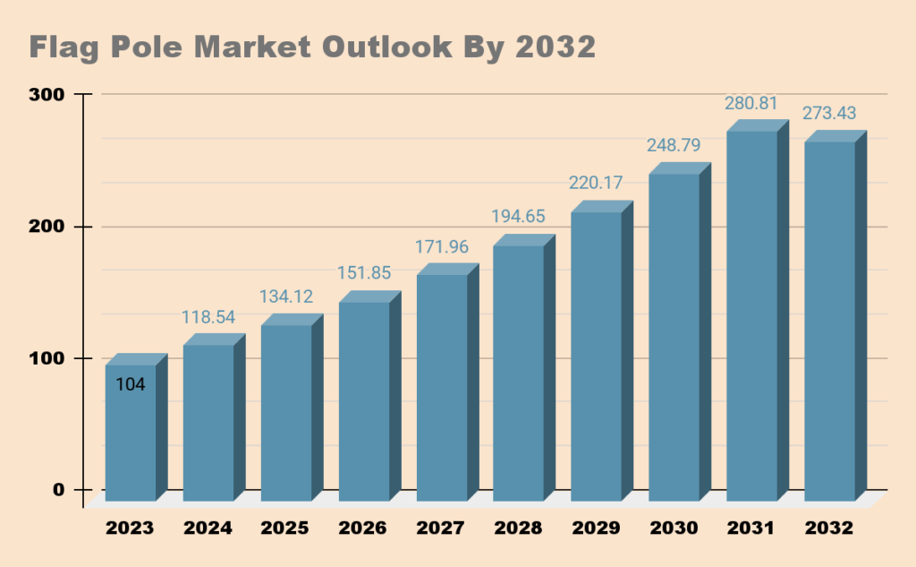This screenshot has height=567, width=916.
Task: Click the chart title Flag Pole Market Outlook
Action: (x=312, y=47)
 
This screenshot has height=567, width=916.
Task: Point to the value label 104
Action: (x=131, y=384)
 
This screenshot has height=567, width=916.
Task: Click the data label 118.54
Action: (x=208, y=317)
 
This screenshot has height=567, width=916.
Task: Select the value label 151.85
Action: (x=364, y=273)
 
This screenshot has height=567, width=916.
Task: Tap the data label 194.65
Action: (x=518, y=216)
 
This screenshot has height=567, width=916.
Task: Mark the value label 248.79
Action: (x=674, y=144)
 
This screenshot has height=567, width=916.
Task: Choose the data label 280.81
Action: (x=751, y=103)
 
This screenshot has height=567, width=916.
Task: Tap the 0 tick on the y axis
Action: (x=58, y=490)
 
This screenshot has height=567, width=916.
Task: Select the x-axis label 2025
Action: (x=285, y=528)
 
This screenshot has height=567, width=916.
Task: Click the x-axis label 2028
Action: (x=518, y=528)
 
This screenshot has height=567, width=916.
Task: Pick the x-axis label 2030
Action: (x=674, y=528)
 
